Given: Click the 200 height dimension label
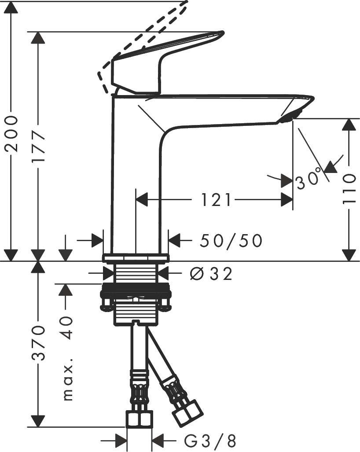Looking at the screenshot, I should point(11,134).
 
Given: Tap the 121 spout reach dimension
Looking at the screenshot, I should point(216,201).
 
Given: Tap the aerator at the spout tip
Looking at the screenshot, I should point(288,116).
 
